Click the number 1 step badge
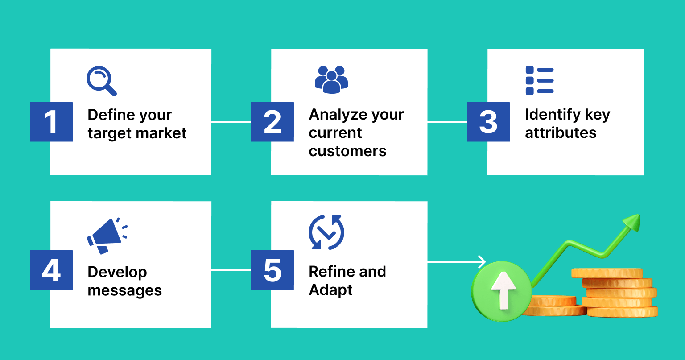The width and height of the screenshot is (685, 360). click(52, 122)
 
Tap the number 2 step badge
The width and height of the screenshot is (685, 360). click(272, 122)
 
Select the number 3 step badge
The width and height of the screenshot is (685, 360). click(489, 122)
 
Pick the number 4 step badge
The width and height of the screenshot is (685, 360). click(52, 270)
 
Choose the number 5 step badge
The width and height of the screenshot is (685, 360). click(272, 270)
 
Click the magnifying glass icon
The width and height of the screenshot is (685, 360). click(101, 81)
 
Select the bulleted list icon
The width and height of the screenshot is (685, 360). click(540, 81)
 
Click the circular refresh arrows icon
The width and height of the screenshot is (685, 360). click(326, 232)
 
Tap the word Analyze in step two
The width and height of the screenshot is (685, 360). click(337, 115)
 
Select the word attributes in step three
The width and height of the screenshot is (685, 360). click(561, 133)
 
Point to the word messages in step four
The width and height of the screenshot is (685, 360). click(125, 290)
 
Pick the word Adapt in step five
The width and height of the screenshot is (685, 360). click(330, 290)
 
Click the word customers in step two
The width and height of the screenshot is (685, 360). click(347, 151)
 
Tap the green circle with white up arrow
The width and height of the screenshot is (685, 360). click(502, 291)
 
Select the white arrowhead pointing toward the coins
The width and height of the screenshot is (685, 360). click(482, 261)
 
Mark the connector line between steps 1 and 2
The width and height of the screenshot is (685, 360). click(231, 122)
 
